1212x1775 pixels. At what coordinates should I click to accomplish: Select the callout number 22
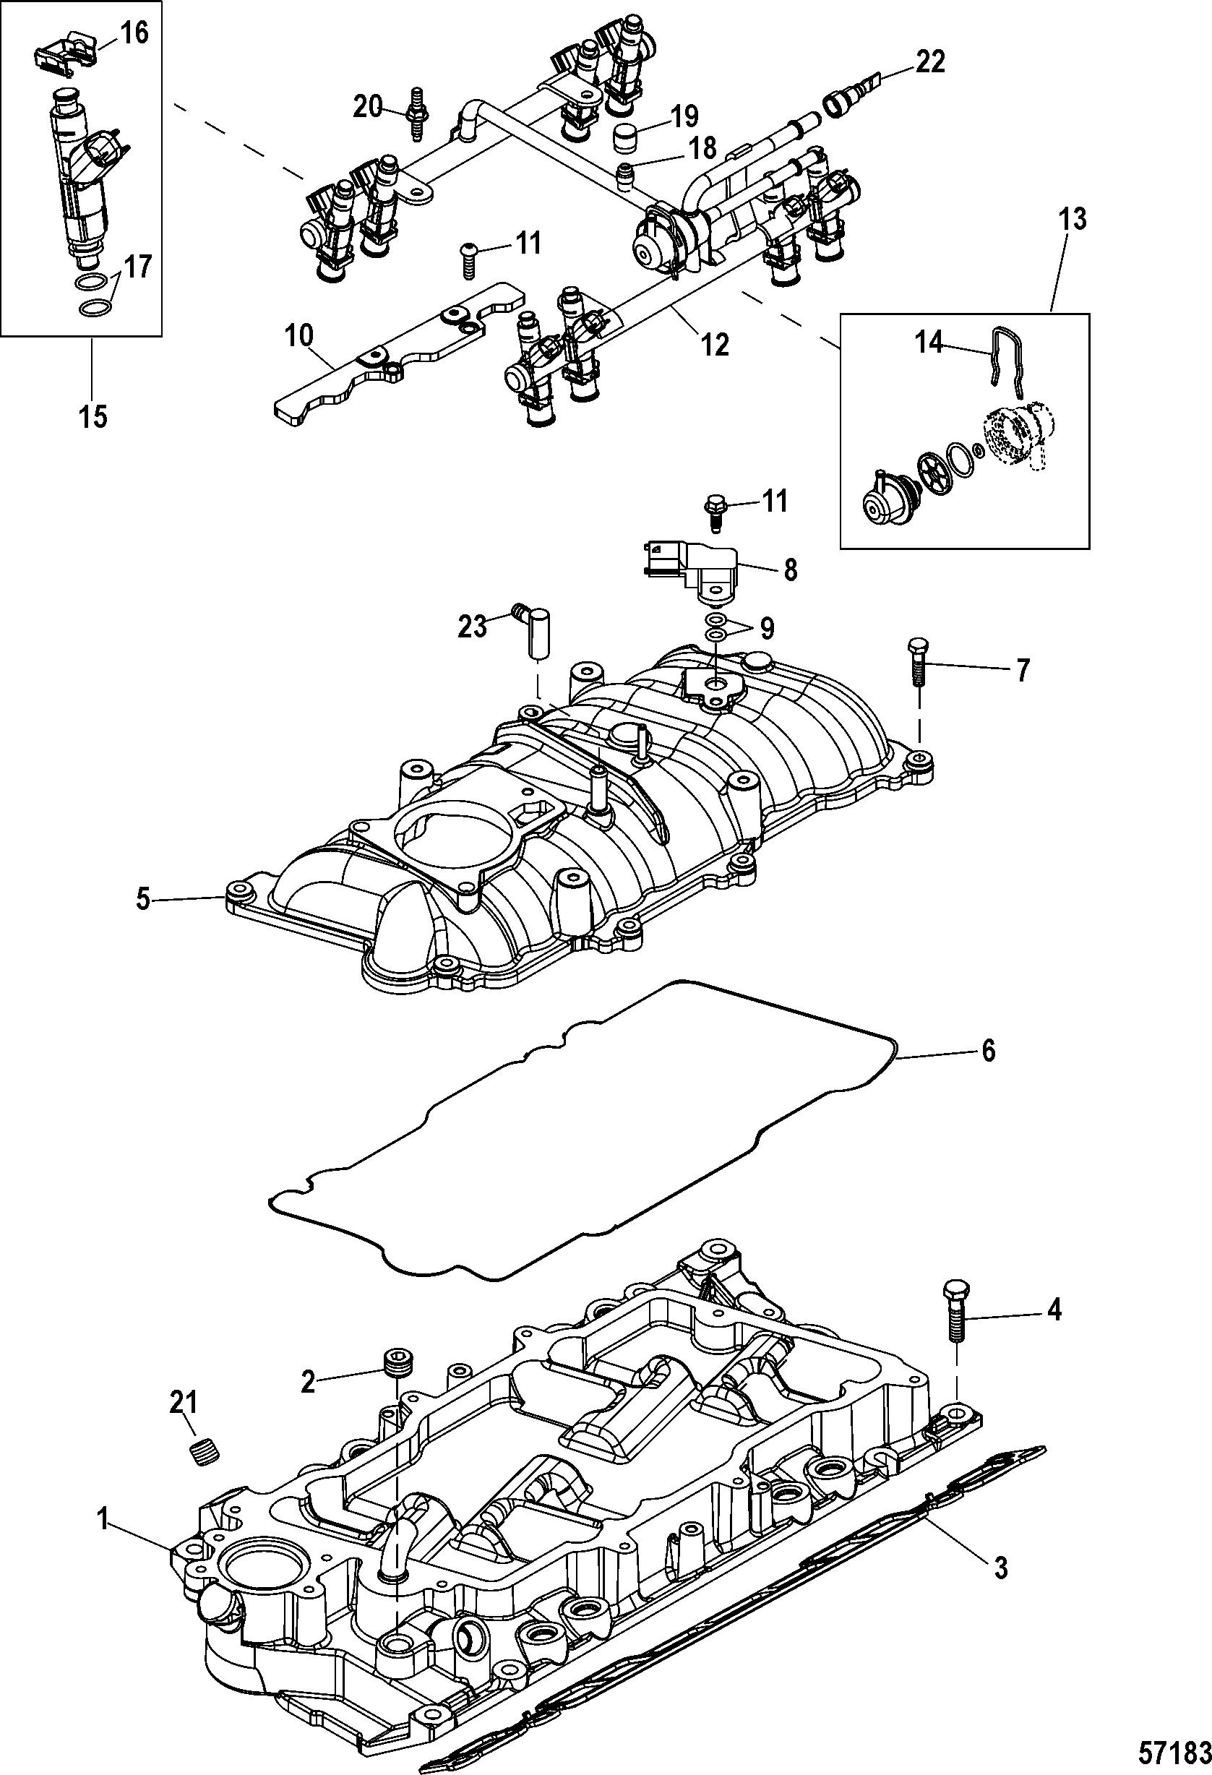tap(929, 62)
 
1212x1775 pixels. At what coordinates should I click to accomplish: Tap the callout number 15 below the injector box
tap(94, 416)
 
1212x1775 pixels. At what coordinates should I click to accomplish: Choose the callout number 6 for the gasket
tap(987, 1051)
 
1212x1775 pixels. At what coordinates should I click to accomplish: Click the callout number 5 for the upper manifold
tap(144, 900)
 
